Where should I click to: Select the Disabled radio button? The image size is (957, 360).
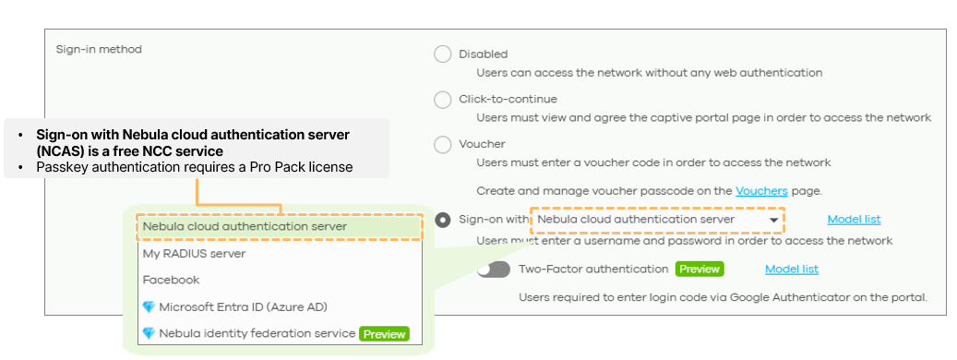442,54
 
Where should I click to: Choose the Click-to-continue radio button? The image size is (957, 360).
442,100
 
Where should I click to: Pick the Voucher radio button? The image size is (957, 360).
442,145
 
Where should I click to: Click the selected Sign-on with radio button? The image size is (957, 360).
442,220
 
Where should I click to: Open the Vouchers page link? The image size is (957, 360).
761,191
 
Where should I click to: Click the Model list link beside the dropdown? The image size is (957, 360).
854,220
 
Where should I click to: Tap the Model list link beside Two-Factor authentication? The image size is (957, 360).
792,270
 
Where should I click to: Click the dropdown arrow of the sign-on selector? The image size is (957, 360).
773,221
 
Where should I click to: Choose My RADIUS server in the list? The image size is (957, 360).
194,253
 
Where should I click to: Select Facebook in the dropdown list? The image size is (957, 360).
171,280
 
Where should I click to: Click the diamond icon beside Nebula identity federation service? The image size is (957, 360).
149,334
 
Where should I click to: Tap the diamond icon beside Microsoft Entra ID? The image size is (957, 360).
149,306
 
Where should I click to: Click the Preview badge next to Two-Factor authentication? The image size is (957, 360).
699,270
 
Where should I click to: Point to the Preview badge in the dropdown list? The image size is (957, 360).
384,334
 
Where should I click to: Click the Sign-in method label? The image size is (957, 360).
99,50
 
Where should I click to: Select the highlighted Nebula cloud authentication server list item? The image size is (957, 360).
245,226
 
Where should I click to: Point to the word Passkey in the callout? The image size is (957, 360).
58,166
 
